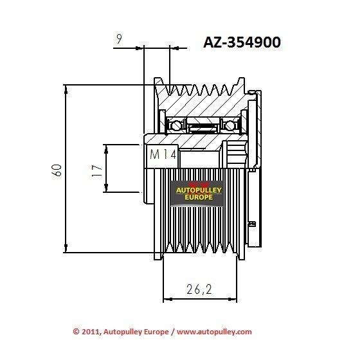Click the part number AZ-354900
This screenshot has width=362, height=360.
pyautogui.click(x=242, y=42)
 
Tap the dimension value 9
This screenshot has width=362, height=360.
pyautogui.click(x=119, y=39)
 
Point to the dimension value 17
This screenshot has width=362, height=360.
pyautogui.click(x=97, y=170)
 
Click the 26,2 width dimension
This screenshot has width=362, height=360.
pyautogui.click(x=199, y=289)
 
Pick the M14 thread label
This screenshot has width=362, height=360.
pyautogui.click(x=163, y=154)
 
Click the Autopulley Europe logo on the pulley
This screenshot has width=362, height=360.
pyautogui.click(x=197, y=194)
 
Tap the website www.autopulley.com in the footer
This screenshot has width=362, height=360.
pyautogui.click(x=214, y=332)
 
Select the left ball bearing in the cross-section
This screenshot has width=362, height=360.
pyautogui.click(x=174, y=126)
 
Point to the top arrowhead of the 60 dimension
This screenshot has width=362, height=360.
pyautogui.click(x=66, y=89)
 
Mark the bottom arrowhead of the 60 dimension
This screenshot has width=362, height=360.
pyautogui.click(x=66, y=248)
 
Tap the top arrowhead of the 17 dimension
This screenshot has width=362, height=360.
pyautogui.click(x=106, y=149)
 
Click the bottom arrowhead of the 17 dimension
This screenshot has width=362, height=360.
pyautogui.click(x=106, y=188)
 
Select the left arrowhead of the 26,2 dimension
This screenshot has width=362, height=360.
pyautogui.click(x=168, y=299)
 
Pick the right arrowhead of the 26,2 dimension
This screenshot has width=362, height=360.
pyautogui.click(x=233, y=299)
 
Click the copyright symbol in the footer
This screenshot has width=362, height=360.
pyautogui.click(x=76, y=332)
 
